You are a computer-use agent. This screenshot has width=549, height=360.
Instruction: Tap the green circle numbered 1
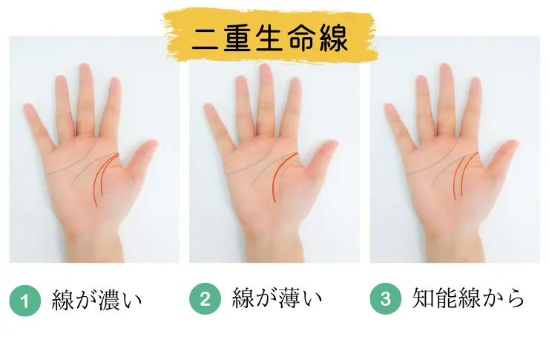(x=25, y=301)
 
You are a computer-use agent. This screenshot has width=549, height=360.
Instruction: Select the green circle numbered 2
(x=206, y=298)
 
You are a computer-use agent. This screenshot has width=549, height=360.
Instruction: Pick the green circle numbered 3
(x=386, y=298)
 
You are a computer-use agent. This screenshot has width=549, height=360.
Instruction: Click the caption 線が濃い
(x=96, y=300)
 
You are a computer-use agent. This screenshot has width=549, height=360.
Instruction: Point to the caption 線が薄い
(x=277, y=298)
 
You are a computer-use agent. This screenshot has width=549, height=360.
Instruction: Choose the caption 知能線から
(x=468, y=298)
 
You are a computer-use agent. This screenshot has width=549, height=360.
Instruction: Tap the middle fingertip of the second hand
(x=266, y=68)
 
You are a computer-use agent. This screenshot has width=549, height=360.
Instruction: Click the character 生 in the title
(x=269, y=38)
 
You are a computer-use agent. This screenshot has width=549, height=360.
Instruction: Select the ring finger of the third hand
(x=424, y=105)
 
